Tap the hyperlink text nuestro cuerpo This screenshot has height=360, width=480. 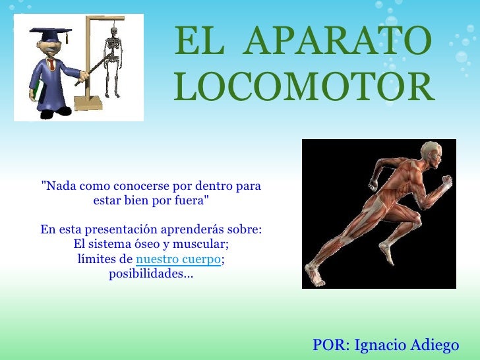[x=178, y=259]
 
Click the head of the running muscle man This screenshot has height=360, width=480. [x=431, y=152]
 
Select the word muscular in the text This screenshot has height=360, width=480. [x=200, y=245]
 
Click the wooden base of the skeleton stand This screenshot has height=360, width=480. [x=88, y=104]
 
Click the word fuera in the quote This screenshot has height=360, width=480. [x=189, y=200]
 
